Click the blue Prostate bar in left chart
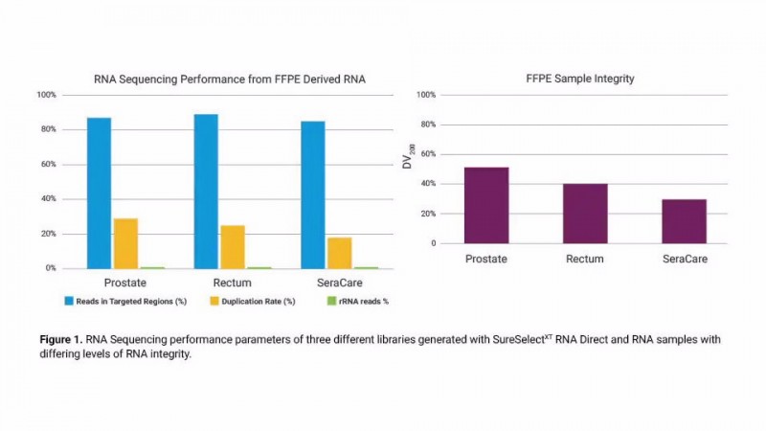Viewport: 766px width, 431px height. [100, 193]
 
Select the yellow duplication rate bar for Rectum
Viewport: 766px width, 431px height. [233, 246]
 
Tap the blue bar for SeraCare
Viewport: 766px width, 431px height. [313, 194]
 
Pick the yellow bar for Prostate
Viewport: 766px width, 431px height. [126, 243]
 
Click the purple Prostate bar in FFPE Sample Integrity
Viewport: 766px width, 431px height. [486, 205]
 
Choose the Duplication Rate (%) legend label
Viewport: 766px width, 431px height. [254, 301]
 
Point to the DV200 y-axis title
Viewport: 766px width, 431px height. [408, 155]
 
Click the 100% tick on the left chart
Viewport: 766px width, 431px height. [46, 95]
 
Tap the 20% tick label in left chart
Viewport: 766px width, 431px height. [48, 234]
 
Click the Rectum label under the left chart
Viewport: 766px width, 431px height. [232, 283]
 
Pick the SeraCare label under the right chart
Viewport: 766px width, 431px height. [685, 259]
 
